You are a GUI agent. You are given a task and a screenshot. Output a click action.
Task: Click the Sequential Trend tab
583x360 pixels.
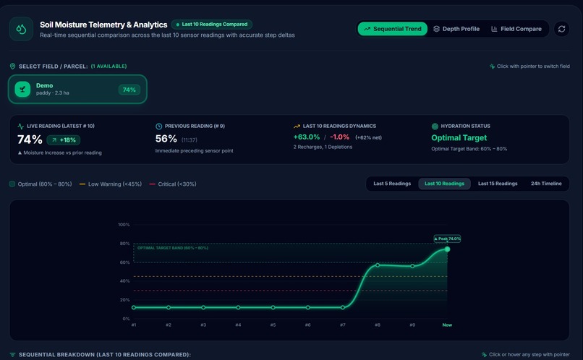tap(392, 29)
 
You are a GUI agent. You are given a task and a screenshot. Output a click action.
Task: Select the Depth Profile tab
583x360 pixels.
tap(456, 29)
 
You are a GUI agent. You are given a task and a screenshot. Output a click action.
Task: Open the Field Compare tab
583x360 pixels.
tap(516, 29)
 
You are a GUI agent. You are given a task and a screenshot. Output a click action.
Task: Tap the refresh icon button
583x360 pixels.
tap(561, 29)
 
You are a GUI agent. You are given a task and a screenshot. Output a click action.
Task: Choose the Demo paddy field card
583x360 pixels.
tap(77, 89)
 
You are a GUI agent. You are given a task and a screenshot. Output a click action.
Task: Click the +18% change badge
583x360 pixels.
tap(64, 140)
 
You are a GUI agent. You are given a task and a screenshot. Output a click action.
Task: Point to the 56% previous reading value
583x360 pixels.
tap(166, 139)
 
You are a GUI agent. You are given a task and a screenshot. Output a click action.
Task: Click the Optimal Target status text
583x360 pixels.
tap(459, 138)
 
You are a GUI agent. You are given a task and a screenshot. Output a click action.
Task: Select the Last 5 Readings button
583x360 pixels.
tap(392, 184)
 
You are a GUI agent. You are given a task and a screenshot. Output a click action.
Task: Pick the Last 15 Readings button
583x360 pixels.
tap(498, 184)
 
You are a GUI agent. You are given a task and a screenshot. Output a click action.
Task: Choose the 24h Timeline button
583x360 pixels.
tap(546, 184)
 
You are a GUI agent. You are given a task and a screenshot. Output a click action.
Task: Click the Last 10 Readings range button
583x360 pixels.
tap(444, 184)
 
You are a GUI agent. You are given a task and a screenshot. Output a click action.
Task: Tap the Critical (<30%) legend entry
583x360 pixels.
tap(173, 184)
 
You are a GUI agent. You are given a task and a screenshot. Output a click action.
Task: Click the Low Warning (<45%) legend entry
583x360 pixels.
tap(111, 184)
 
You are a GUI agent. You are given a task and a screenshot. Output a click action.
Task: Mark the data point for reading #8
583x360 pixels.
tap(378, 265)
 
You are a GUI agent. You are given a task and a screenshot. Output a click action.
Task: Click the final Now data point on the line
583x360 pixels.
tap(447, 249)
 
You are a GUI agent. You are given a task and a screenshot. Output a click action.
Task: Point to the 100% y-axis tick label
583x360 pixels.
tap(124, 224)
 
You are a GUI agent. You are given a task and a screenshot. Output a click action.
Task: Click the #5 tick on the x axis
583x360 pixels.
tap(273, 325)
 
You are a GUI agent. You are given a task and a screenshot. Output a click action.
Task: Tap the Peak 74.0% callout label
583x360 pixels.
tap(447, 239)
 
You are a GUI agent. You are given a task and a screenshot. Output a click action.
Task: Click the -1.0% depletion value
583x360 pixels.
tap(339, 137)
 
